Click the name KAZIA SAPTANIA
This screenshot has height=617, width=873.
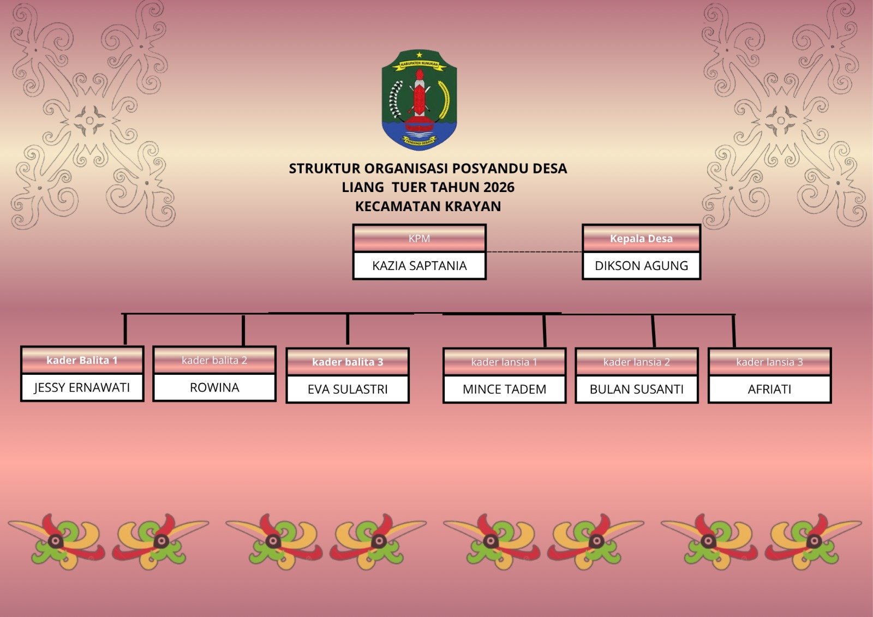point(420,266)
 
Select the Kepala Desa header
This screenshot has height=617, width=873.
point(641,238)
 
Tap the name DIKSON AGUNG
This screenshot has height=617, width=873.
point(641,266)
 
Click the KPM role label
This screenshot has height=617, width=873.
point(420,238)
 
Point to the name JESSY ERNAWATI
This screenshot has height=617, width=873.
point(82,387)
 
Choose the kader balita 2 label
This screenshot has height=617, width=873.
point(214,360)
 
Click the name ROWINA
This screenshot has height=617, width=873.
point(214,387)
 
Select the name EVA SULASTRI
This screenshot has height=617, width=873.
point(348,389)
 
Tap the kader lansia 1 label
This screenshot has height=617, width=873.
point(504,362)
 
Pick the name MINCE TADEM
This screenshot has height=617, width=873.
point(504,389)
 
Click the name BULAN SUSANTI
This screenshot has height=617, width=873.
point(637,389)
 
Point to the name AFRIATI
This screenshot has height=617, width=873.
point(770,389)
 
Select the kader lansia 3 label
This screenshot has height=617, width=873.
point(770,362)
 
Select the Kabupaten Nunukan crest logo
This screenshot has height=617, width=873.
point(419,100)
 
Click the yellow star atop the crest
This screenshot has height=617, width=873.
point(420,55)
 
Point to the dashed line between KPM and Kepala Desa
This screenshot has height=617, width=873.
point(534,252)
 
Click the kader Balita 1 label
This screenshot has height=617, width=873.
point(82,360)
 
